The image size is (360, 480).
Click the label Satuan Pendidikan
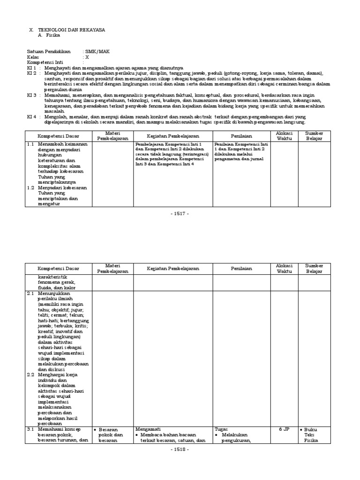pos(49,51)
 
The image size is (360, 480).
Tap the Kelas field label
pos(33,57)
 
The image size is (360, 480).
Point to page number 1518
pos(180,449)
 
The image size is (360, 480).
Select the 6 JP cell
pos(284,428)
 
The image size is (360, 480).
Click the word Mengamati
pos(147,428)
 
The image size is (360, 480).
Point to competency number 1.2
pos(30,187)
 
